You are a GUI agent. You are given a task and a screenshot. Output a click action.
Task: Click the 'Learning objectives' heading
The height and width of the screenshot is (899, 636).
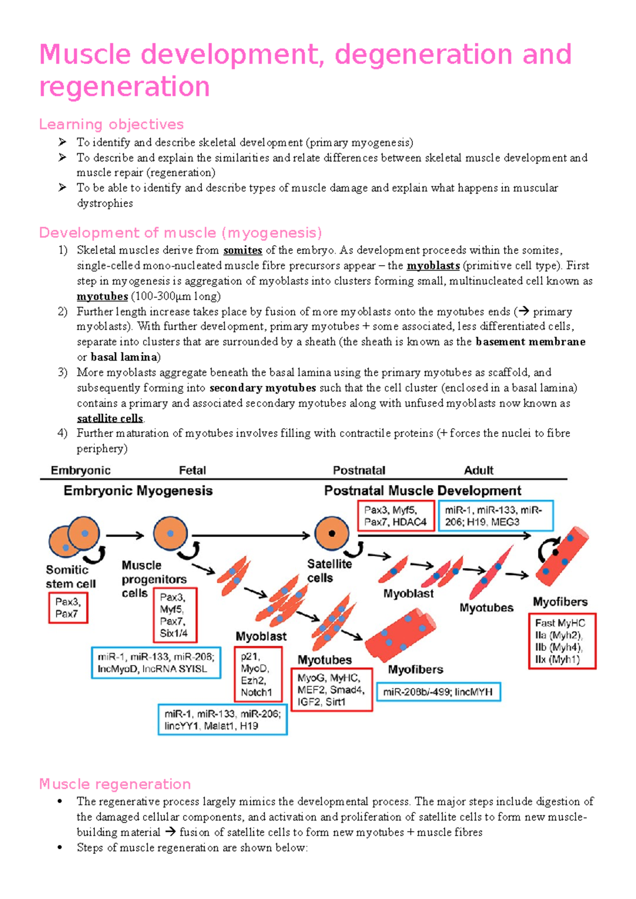tap(111, 124)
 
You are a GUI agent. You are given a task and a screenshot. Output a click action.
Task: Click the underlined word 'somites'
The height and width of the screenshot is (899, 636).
tap(243, 250)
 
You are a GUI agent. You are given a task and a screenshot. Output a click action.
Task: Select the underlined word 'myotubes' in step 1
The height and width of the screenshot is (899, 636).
tap(102, 296)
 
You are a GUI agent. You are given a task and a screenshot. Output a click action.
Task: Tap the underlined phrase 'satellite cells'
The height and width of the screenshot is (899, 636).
tap(110, 418)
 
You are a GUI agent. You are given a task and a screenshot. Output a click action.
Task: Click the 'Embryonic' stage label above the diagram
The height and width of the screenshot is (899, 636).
tap(81, 470)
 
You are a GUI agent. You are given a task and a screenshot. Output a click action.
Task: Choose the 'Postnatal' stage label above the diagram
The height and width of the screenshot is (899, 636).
tap(359, 470)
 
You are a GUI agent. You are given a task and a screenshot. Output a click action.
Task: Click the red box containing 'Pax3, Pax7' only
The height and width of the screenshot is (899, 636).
tap(68, 608)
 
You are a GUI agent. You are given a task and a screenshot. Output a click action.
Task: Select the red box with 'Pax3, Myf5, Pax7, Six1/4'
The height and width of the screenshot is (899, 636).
tap(174, 615)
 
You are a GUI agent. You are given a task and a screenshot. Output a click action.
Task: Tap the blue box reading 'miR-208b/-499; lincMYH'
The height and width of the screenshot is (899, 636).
tap(438, 692)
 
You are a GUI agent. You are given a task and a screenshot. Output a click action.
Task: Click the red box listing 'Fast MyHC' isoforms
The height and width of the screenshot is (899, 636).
tap(562, 641)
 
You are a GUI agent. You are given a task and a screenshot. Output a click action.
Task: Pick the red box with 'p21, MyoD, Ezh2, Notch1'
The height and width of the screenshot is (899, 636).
tap(258, 674)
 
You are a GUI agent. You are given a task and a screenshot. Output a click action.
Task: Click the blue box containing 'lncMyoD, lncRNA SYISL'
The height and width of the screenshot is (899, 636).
tap(156, 663)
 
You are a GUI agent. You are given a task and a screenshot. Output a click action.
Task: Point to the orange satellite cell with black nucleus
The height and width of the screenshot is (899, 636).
tap(332, 534)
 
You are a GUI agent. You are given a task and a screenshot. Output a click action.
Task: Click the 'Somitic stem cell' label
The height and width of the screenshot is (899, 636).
tap(70, 577)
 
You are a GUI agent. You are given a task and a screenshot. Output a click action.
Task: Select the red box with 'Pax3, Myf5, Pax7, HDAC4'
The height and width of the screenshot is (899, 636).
tap(395, 516)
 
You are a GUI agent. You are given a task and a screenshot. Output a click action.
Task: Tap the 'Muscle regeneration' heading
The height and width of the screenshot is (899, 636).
tap(115, 784)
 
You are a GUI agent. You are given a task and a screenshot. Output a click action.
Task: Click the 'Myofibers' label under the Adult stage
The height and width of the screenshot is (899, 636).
tap(560, 602)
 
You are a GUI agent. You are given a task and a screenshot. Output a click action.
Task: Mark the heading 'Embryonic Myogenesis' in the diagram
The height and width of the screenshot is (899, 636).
tap(138, 491)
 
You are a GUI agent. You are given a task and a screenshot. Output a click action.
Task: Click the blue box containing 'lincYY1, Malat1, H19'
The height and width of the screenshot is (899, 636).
tap(223, 720)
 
